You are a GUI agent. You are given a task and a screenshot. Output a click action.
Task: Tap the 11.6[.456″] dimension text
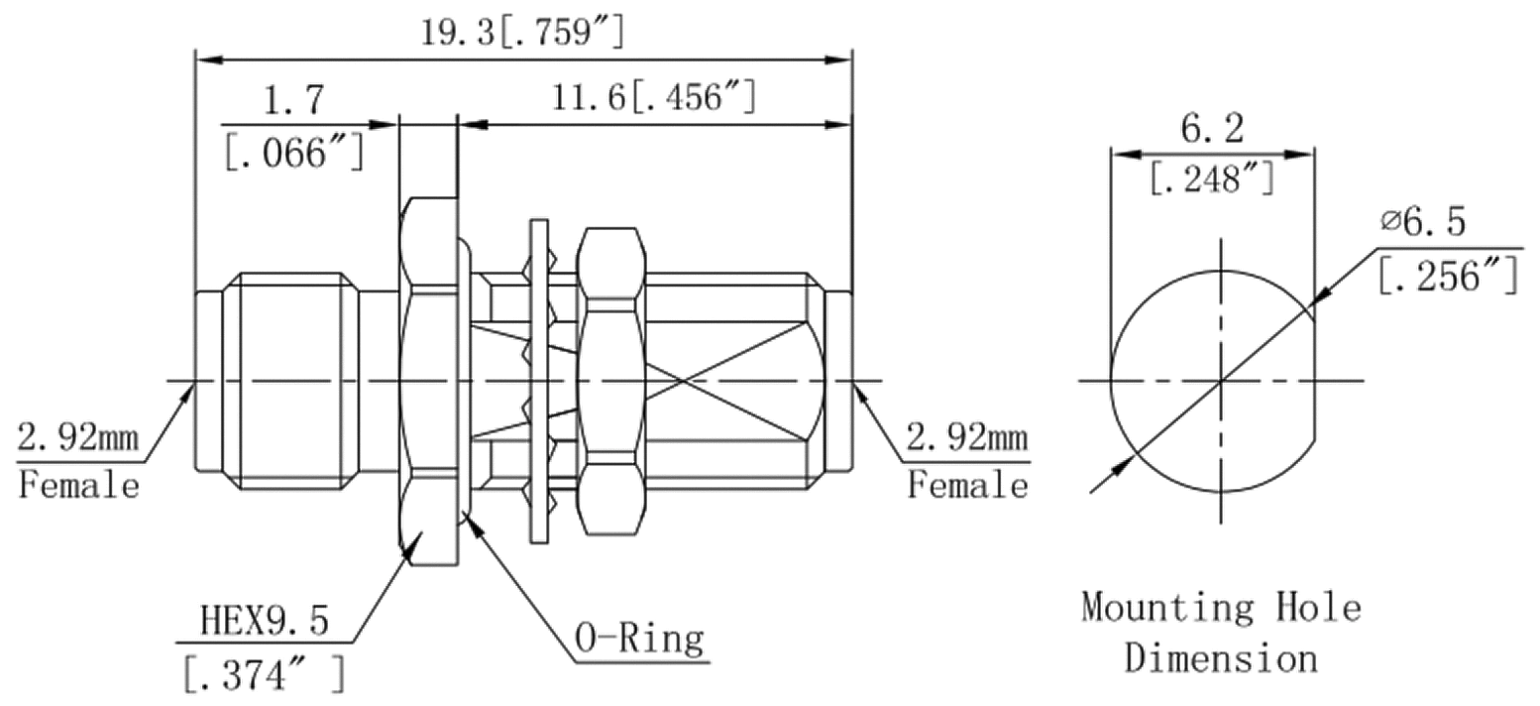pyautogui.click(x=655, y=97)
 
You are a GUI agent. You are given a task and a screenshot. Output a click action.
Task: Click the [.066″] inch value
pyautogui.click(x=293, y=153)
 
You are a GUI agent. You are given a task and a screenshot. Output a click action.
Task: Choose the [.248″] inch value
pyautogui.click(x=1211, y=179)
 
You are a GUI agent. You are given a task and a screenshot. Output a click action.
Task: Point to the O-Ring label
pyautogui.click(x=640, y=639)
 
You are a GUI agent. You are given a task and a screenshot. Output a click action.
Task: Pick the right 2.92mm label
pyautogui.click(x=966, y=436)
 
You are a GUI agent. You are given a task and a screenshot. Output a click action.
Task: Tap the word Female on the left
pyautogui.click(x=78, y=486)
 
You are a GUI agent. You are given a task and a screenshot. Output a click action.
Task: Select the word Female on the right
pyautogui.click(x=968, y=486)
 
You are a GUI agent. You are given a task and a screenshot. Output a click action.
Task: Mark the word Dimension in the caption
pyautogui.click(x=1221, y=657)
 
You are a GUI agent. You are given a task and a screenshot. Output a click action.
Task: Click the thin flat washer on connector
pyautogui.click(x=538, y=381)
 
